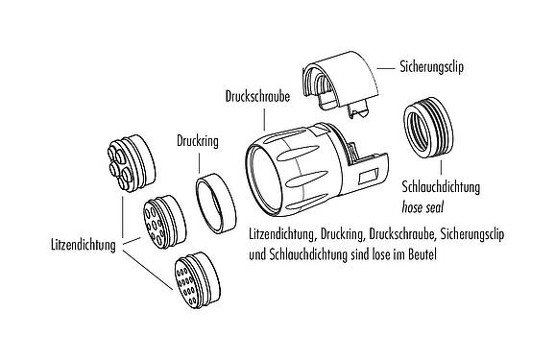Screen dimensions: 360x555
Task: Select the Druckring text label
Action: point(198,139)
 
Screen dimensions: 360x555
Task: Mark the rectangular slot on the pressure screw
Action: point(366,179)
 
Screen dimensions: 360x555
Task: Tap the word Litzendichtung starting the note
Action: point(280,234)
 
